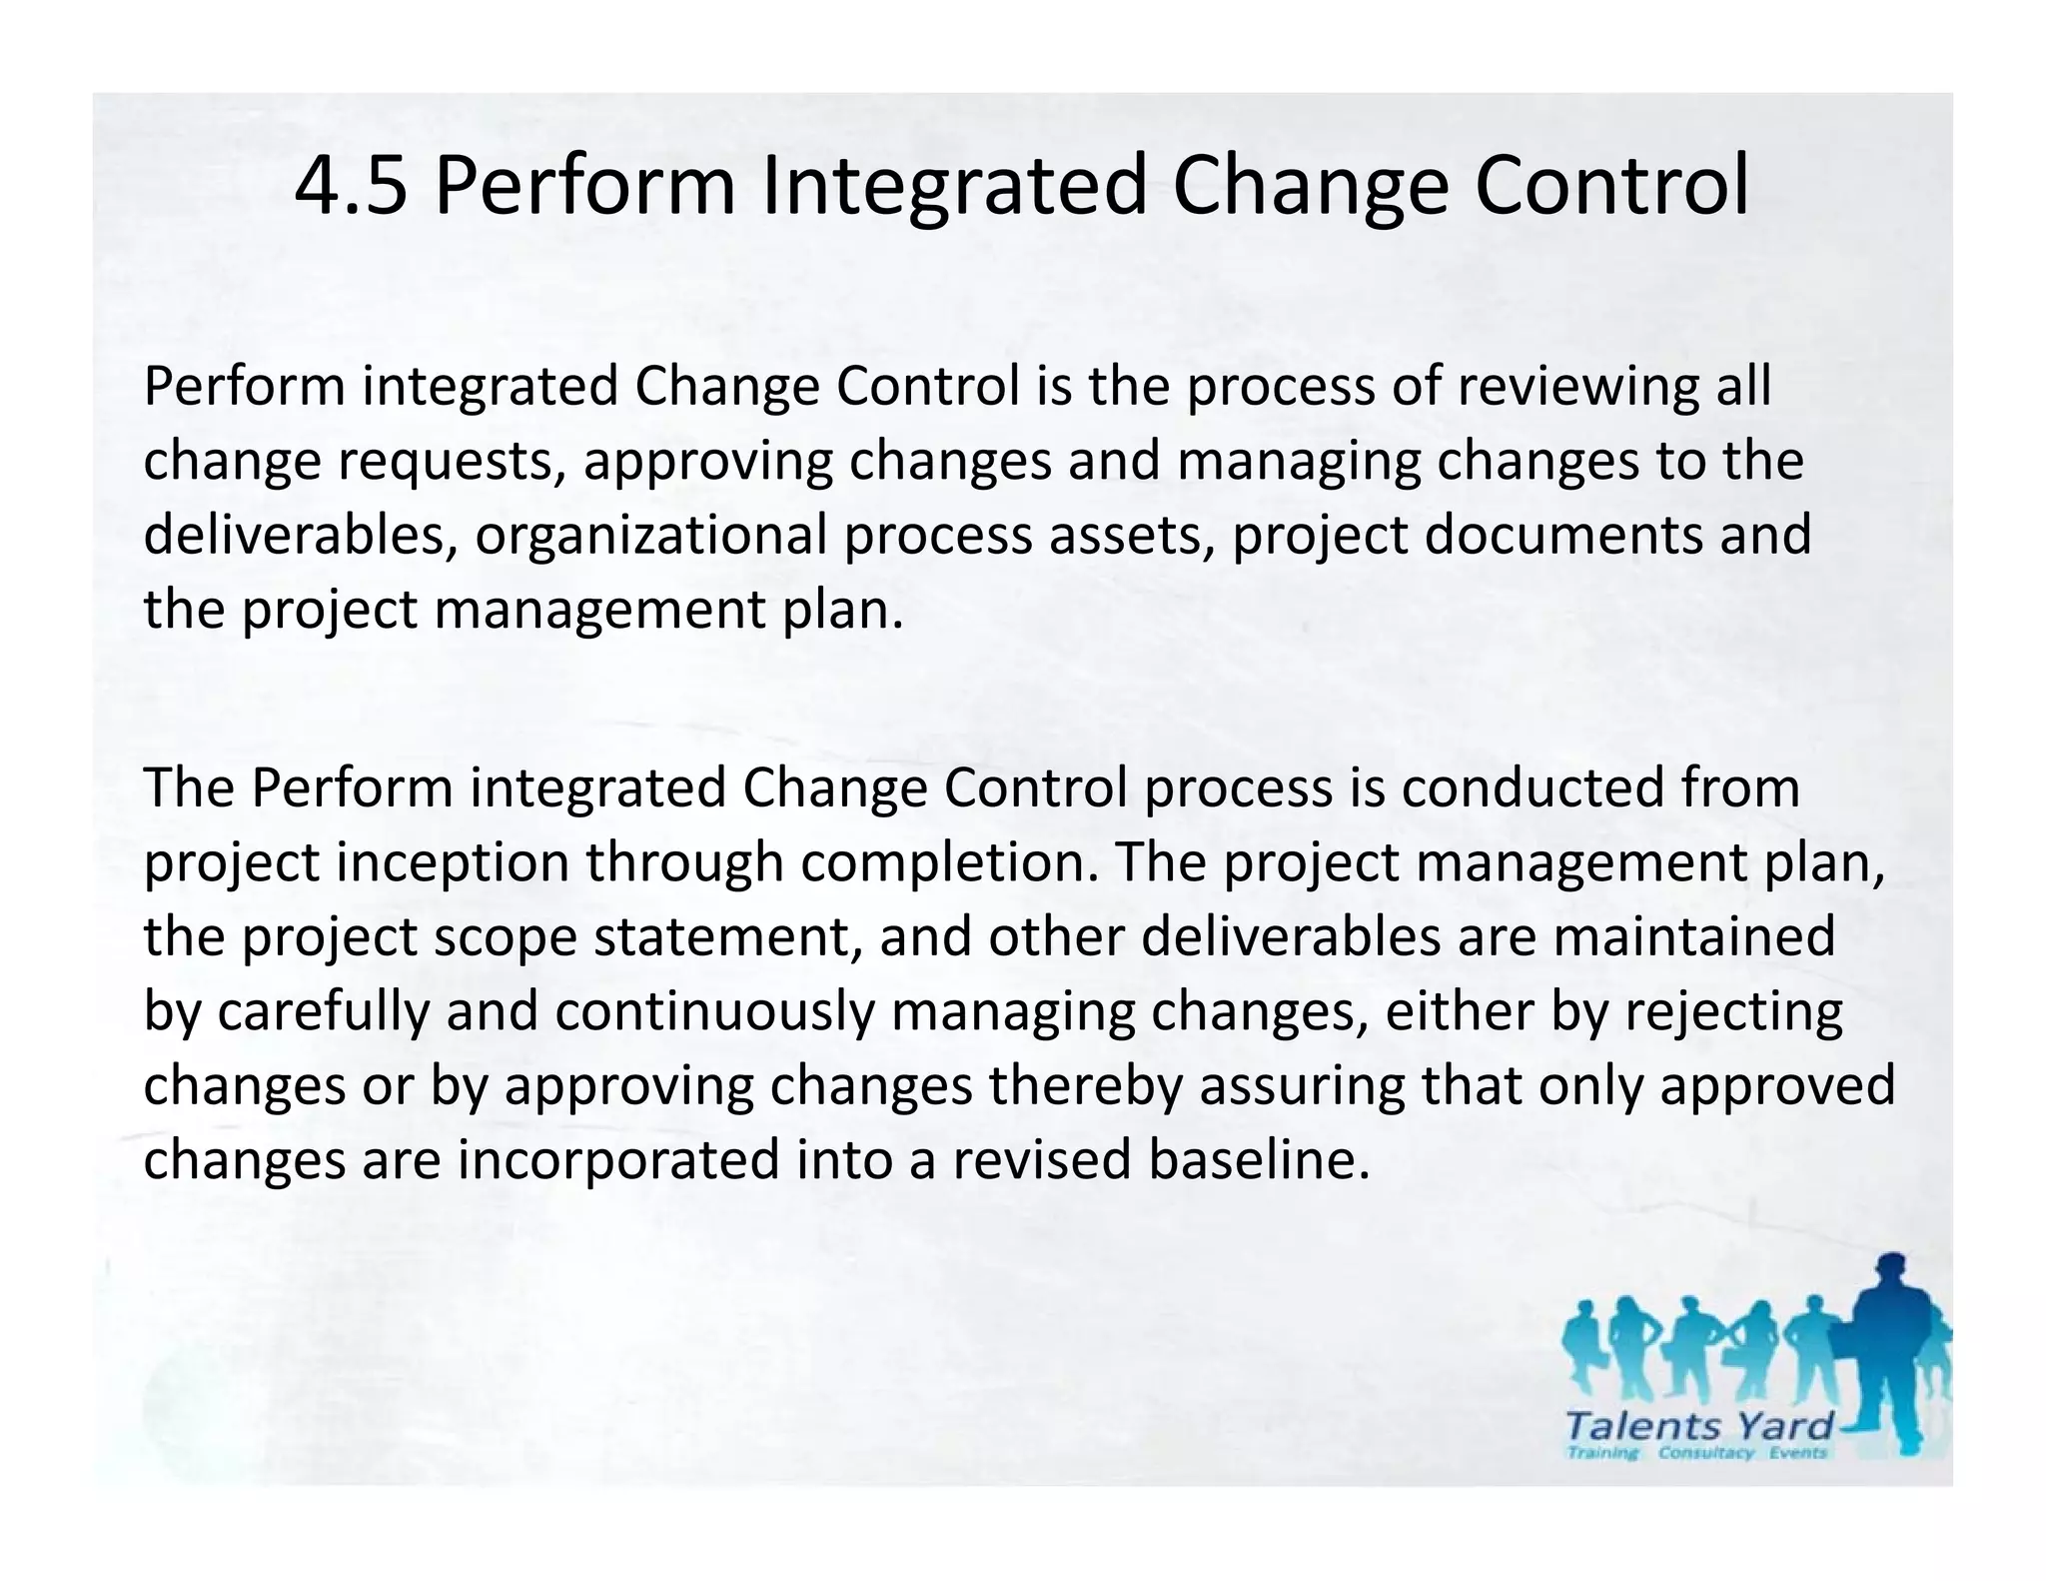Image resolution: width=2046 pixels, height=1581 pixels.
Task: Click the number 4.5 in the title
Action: [x=351, y=187]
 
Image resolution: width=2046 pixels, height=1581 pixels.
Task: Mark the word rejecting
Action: [x=1733, y=1011]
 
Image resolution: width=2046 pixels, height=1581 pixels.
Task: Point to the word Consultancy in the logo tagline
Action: [x=1705, y=1452]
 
